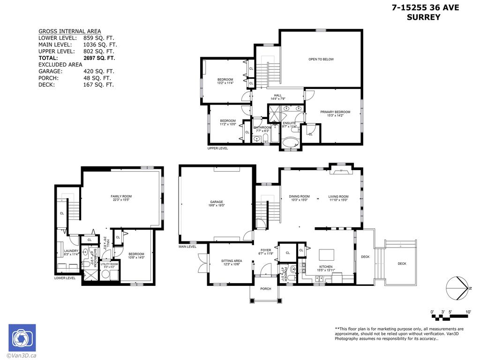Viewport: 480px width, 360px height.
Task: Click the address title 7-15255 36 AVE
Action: [425, 7]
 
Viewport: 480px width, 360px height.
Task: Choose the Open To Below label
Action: [321, 59]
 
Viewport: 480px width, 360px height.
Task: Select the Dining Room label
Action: [299, 196]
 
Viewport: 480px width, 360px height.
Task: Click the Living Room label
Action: [338, 196]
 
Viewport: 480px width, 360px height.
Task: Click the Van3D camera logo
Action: [22, 337]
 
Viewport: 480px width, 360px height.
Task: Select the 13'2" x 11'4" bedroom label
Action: [225, 81]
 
